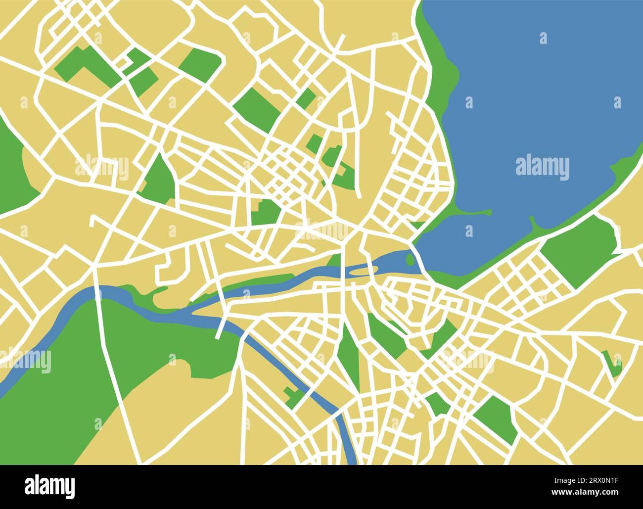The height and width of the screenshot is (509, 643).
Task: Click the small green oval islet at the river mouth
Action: pos(410,258)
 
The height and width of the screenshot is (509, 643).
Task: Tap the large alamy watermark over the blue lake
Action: pos(542,167)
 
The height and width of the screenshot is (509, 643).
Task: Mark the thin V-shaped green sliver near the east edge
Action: pos(611,364)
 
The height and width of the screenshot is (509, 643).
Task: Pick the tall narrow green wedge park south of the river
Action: pos(349,356)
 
